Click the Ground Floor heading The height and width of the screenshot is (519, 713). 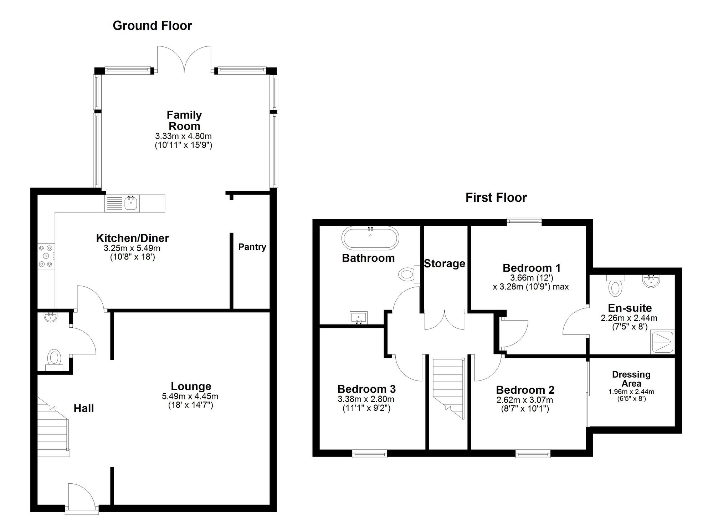[x=152, y=26]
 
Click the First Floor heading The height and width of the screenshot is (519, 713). [x=496, y=197]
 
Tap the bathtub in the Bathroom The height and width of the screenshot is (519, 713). [x=370, y=237]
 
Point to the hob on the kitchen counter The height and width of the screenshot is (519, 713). [x=46, y=256]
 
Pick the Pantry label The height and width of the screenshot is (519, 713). [x=252, y=247]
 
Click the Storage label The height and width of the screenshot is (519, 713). [x=445, y=263]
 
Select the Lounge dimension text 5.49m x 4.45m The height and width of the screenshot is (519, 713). [x=190, y=396]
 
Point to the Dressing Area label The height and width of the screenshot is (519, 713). [x=631, y=379]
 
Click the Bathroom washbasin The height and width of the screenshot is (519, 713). [x=359, y=317]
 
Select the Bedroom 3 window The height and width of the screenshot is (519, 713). [x=370, y=454]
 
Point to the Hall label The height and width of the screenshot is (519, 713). [x=84, y=408]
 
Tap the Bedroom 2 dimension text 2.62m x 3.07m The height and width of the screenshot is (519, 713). [x=525, y=400]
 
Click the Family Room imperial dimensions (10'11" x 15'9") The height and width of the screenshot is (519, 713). [x=184, y=145]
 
